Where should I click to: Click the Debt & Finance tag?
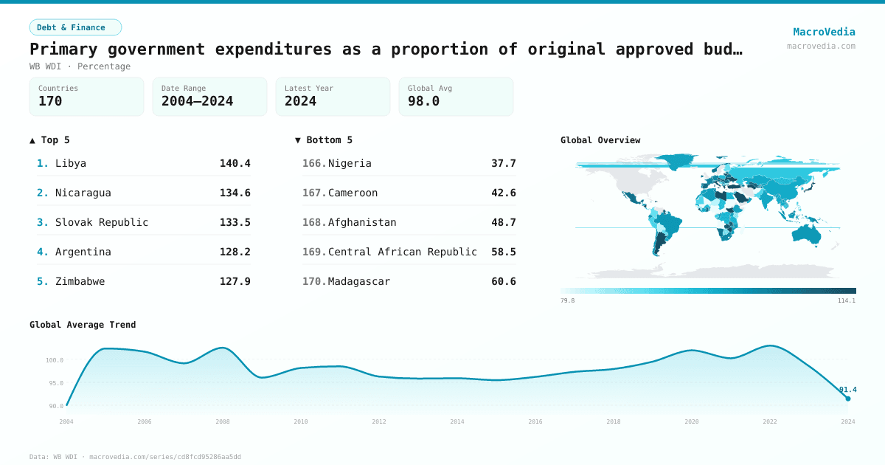click(x=75, y=27)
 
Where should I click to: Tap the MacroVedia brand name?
click(x=824, y=32)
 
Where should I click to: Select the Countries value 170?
click(x=50, y=101)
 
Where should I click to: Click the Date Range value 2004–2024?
click(x=197, y=101)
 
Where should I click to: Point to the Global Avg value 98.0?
click(x=423, y=101)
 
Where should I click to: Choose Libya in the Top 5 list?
click(x=71, y=163)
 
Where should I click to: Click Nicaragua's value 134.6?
click(x=235, y=193)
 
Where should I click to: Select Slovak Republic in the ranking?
click(x=102, y=222)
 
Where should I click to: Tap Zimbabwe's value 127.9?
click(x=235, y=281)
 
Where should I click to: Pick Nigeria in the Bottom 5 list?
click(x=350, y=163)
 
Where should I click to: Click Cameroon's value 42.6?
click(x=503, y=193)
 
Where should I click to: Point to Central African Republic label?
click(x=403, y=252)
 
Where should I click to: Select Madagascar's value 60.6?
click(x=503, y=281)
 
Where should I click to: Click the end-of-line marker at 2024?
click(x=848, y=399)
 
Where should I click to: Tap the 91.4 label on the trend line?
click(x=847, y=390)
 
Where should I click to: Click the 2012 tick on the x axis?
click(x=379, y=421)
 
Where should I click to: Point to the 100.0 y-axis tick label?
click(x=55, y=360)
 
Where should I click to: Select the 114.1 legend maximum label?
click(x=847, y=300)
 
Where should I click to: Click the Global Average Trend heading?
click(x=83, y=325)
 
